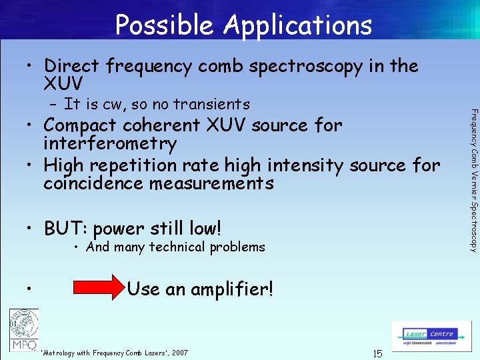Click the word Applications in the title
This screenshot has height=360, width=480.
click(298, 25)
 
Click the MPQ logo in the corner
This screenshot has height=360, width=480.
click(23, 329)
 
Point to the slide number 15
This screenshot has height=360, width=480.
click(377, 353)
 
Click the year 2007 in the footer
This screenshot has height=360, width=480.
click(179, 353)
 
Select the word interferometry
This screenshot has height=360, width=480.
click(110, 143)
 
